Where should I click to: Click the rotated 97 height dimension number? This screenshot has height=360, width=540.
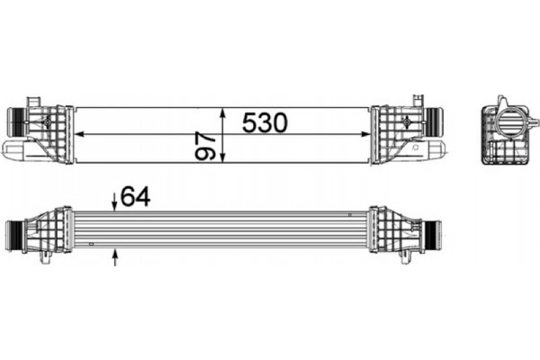207,147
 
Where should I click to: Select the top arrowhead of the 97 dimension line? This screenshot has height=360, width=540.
222,111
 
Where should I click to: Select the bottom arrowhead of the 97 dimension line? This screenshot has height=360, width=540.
222,159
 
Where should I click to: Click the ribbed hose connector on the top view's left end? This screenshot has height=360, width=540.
15,120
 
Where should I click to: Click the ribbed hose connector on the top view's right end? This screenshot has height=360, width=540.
434,121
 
